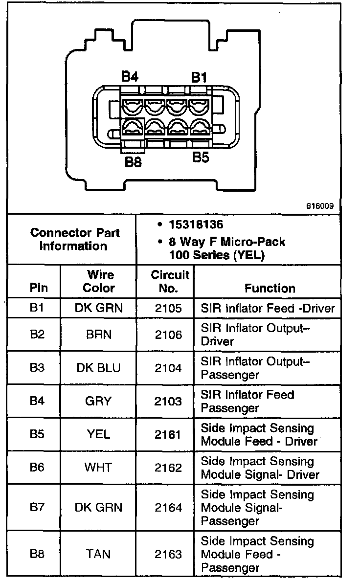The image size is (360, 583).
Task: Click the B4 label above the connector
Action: point(130,76)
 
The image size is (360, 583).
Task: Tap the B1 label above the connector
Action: point(199,77)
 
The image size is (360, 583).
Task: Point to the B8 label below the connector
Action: point(133,162)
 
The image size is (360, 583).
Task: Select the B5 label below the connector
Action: point(201,158)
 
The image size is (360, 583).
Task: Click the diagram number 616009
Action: point(320,206)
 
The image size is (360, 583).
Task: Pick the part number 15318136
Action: point(196,225)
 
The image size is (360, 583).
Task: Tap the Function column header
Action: point(270,288)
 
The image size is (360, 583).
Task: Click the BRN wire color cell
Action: point(98,335)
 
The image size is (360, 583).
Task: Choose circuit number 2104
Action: point(168,368)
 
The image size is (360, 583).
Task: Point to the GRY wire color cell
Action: point(98,401)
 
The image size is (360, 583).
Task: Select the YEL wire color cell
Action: point(98,434)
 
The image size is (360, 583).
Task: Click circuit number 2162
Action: point(168,468)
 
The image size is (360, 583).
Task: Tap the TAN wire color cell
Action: point(98,554)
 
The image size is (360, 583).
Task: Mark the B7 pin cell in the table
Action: point(37,507)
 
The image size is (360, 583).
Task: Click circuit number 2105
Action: point(168,308)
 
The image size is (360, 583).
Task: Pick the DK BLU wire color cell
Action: point(98,368)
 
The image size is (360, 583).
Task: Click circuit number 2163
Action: point(168,554)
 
